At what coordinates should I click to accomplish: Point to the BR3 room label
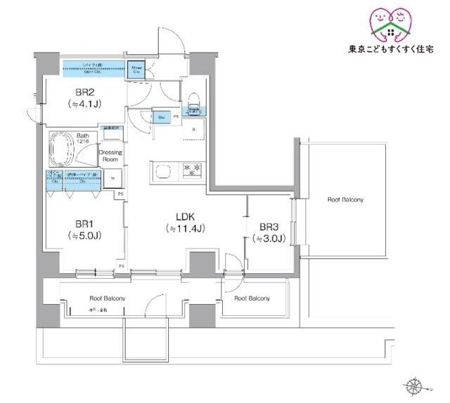pos(271,227)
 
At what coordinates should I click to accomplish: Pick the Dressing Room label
pos(110,155)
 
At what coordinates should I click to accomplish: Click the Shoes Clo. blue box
pos(137,69)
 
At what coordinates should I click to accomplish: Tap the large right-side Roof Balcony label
pos(345,200)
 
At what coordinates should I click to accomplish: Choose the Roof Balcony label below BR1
pos(107,299)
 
